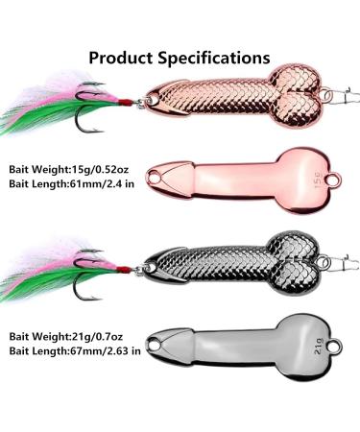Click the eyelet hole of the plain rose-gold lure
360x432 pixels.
click(336, 179)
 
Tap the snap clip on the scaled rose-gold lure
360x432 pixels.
click(348, 94)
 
